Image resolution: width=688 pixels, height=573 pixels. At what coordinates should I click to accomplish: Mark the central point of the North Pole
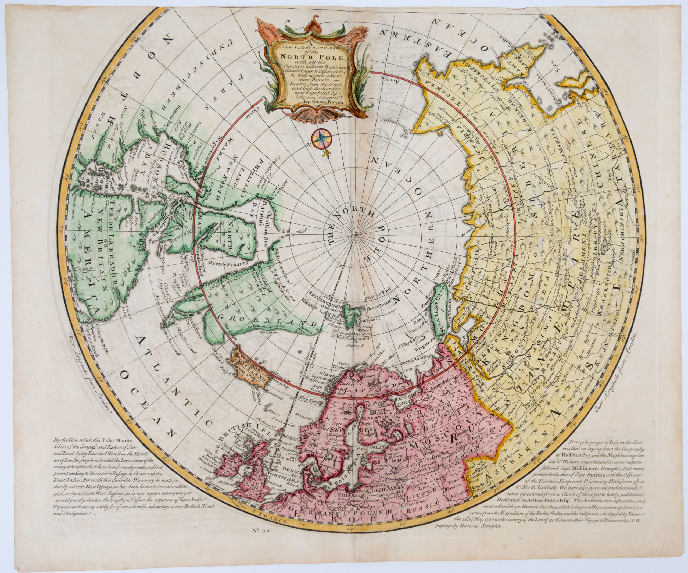pyautogui.click(x=356, y=233)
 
